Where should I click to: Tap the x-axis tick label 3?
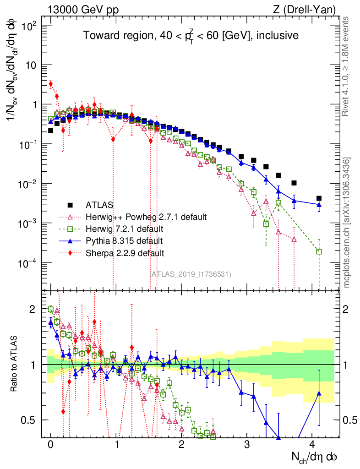pyautogui.click(x=247, y=445)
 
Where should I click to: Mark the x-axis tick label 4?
pyautogui.click(x=312, y=445)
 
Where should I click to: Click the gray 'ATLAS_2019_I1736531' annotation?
pyautogui.click(x=190, y=274)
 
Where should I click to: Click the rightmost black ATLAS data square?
pyautogui.click(x=319, y=198)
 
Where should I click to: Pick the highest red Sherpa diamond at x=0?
pyautogui.click(x=51, y=84)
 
